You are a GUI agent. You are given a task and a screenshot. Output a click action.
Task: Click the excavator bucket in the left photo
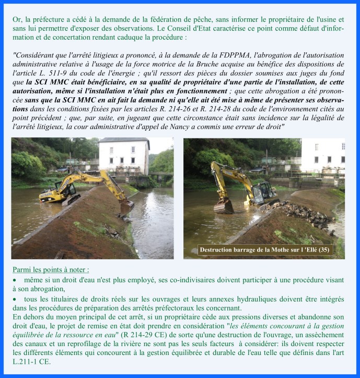126,205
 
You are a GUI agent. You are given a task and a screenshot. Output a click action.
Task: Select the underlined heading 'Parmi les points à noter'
51,270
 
